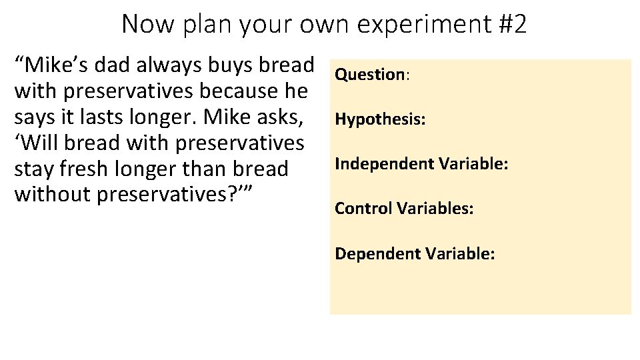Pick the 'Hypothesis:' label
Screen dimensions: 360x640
381,119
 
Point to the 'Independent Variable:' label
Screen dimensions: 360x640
421,164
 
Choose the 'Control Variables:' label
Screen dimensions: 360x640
404,209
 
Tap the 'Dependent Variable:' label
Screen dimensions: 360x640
415,253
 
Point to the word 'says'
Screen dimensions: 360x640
35,117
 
